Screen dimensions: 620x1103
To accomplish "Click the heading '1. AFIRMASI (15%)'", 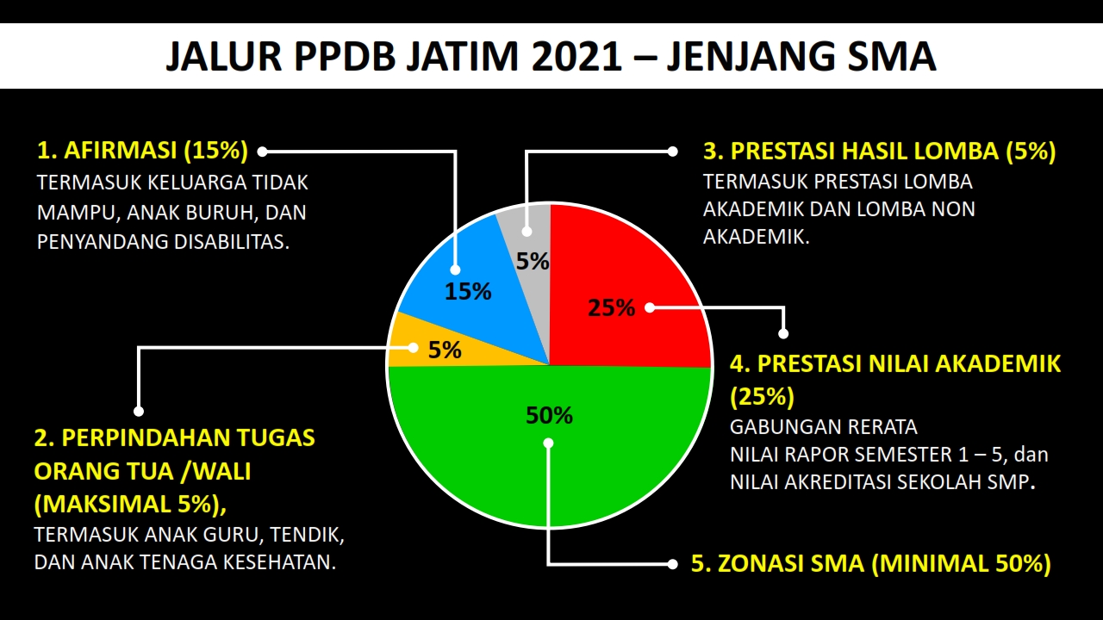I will pyautogui.click(x=142, y=151).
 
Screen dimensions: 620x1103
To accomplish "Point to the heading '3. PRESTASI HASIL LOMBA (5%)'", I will pyautogui.click(x=879, y=152).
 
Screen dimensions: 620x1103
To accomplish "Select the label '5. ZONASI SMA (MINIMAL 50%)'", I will pyautogui.click(x=871, y=564).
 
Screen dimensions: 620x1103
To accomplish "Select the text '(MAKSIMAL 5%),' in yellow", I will pyautogui.click(x=131, y=502).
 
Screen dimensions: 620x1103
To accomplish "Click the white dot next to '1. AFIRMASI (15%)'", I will pyautogui.click(x=263, y=152).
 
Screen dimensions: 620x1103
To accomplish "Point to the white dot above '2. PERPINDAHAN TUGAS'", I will pyautogui.click(x=139, y=411).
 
